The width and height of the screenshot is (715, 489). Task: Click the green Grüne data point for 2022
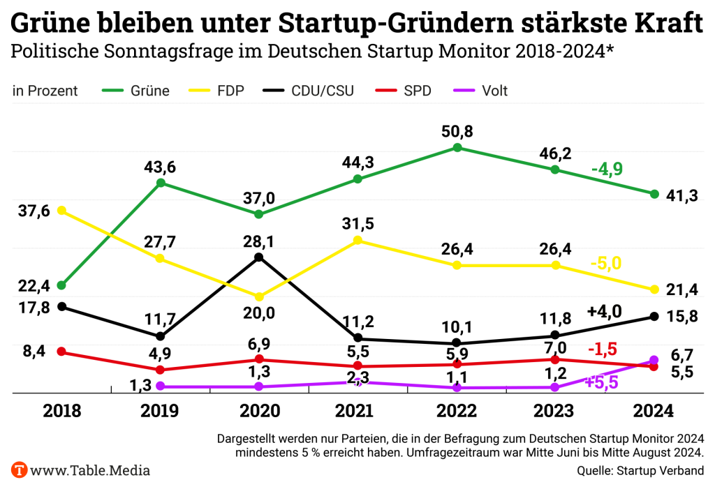pos(457,147)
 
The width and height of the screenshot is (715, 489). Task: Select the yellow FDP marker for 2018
pos(61,210)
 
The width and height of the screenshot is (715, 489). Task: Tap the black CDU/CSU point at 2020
pos(259,257)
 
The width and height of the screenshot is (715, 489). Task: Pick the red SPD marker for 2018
pos(61,352)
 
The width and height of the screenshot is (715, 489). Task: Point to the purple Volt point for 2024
pos(654,360)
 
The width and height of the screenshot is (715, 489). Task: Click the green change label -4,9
pos(607,170)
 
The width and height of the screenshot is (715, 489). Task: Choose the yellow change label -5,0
pos(605,264)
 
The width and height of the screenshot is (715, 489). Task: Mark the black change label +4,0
pos(605,312)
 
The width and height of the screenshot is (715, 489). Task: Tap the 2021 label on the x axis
pos(358,411)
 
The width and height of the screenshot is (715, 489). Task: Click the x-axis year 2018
pos(61,411)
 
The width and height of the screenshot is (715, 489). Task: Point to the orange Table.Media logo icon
pos(20,469)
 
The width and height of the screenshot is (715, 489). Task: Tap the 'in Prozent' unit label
pos(45,91)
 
